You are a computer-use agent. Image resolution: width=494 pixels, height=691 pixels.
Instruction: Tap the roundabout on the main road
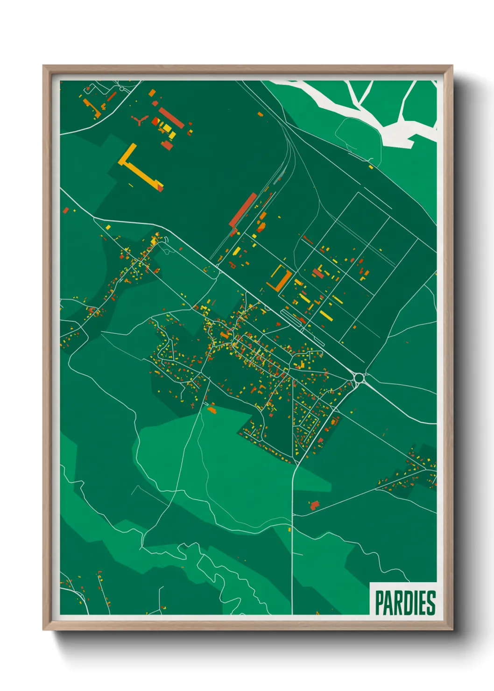point(359,377)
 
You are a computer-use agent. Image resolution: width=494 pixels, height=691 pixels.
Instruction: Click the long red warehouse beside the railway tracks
point(243,210)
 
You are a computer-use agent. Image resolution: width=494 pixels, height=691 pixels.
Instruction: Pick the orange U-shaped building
point(280,279)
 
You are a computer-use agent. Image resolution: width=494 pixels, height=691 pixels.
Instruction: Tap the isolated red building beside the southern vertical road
point(314,505)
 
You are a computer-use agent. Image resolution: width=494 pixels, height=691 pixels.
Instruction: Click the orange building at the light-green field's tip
point(212,410)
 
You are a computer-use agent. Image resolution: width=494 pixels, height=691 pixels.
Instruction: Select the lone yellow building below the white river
point(371,167)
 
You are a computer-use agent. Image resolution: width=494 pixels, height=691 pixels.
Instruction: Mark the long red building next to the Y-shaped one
point(171,118)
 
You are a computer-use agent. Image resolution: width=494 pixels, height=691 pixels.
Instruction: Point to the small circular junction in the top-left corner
point(122,88)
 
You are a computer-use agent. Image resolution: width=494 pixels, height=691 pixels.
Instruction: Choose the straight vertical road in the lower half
point(292,537)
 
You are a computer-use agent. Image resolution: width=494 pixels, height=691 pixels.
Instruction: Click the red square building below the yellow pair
point(167,145)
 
